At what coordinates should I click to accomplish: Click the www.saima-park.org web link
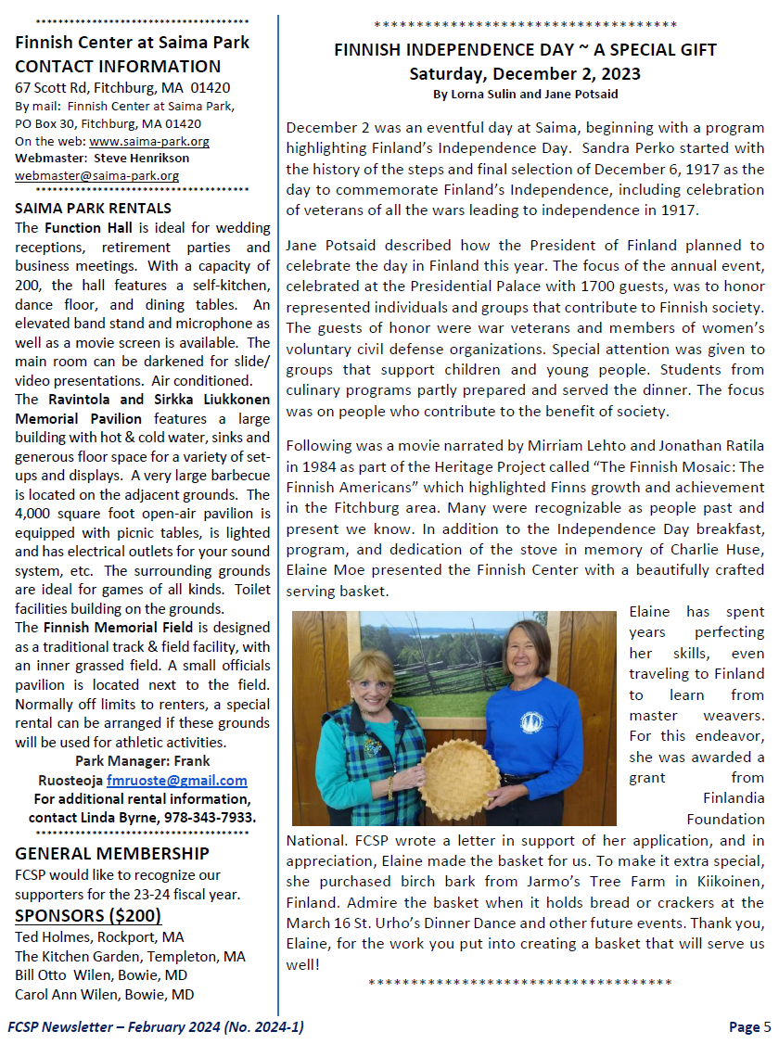click(x=149, y=142)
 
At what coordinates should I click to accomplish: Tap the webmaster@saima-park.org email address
click(x=97, y=175)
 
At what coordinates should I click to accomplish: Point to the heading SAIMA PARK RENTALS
click(x=93, y=209)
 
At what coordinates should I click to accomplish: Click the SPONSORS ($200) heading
click(x=88, y=916)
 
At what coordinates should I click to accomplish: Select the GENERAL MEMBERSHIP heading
click(x=112, y=853)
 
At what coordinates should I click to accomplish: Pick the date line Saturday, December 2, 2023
click(x=525, y=73)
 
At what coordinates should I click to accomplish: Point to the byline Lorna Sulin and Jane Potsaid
click(x=525, y=95)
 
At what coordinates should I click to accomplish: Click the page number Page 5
click(x=749, y=1026)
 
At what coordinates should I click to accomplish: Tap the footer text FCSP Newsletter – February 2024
click(x=156, y=1026)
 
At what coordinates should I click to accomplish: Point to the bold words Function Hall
click(x=79, y=227)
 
